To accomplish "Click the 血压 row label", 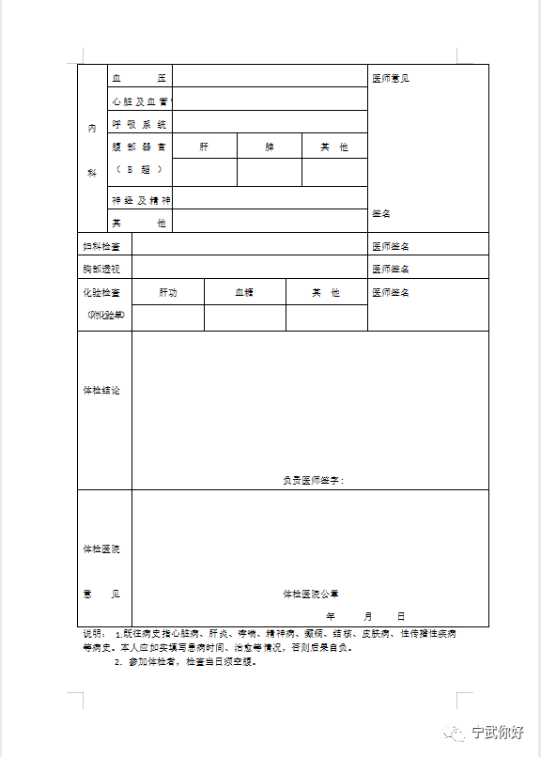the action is point(138,77).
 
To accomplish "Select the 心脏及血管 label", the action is point(138,100).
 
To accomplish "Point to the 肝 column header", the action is point(204,147).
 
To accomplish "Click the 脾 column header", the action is point(270,147).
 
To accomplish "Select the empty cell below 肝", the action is point(205,173).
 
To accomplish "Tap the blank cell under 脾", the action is point(270,173).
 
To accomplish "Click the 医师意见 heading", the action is point(390,78).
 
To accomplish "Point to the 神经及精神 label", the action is point(141,200).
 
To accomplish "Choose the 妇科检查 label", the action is point(101,246).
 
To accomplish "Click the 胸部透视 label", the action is point(101,270).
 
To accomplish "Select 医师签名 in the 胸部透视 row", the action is point(390,270).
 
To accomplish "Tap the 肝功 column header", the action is point(168,293).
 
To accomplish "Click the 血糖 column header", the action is point(244,293).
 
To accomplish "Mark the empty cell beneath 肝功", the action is point(168,318).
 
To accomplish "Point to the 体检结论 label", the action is point(101,390).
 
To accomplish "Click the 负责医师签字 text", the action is point(313,480).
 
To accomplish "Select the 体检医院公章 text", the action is point(311,594).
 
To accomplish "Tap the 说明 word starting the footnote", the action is point(93,634).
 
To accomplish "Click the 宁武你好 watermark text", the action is point(497,733).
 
